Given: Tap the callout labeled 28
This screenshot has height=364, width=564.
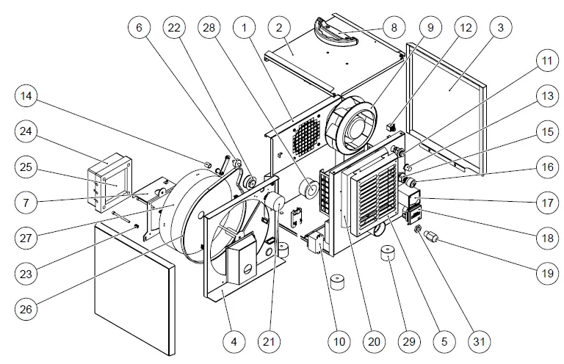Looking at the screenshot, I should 209,28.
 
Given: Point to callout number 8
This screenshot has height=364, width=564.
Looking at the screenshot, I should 394,28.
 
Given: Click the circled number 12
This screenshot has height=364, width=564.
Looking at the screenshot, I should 466,28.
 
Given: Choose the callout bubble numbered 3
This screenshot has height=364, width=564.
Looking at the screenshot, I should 500,28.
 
